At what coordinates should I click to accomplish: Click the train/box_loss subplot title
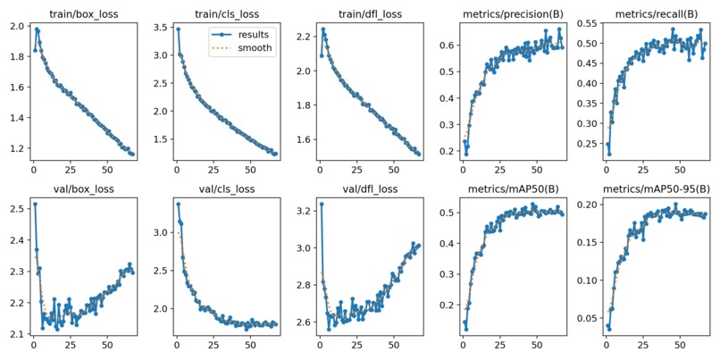point(80,14)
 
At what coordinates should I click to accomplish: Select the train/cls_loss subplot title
point(224,14)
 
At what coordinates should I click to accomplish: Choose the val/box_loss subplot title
point(80,188)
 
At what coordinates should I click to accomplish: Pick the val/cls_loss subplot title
point(224,188)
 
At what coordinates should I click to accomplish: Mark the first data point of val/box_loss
point(35,204)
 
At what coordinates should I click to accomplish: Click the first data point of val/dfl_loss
point(322,204)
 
